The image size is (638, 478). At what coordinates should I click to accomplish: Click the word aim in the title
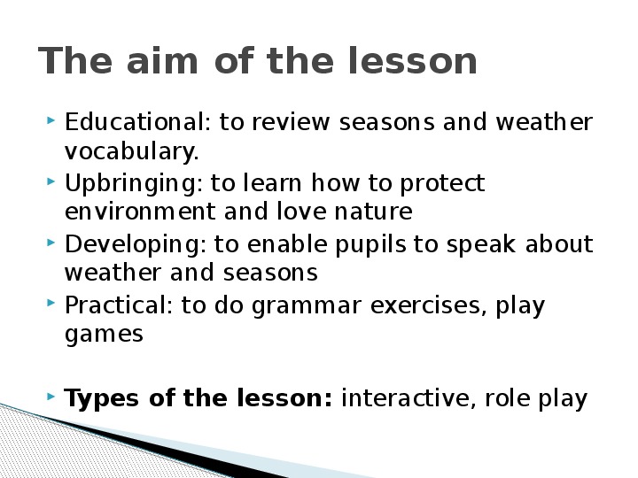[x=162, y=60]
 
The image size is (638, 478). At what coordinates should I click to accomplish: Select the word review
[x=291, y=121]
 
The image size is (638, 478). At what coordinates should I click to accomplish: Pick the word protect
[x=442, y=184]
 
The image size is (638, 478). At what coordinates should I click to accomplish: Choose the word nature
[x=373, y=212]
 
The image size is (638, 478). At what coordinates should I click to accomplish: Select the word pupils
[x=370, y=244]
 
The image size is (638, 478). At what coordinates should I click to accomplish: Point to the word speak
[x=481, y=244]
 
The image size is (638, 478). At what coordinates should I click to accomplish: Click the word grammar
[x=307, y=306]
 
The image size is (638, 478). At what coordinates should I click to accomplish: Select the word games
[x=104, y=335]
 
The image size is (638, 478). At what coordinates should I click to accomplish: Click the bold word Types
[x=101, y=398]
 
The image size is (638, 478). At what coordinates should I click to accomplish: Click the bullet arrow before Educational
[x=51, y=120]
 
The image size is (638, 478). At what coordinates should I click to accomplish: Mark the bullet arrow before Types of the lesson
[x=51, y=396]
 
